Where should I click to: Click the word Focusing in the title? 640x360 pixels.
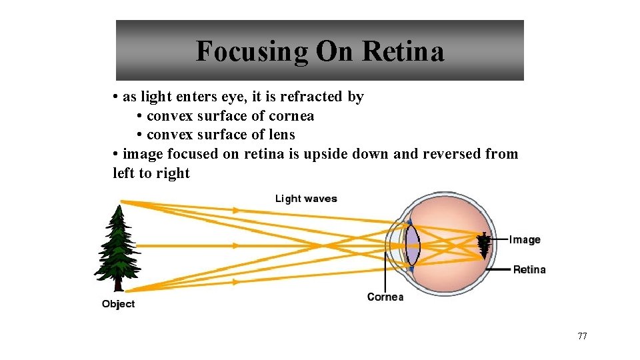coord(252,51)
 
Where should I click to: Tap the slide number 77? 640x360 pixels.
coord(582,336)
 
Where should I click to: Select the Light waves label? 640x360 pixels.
coord(306,199)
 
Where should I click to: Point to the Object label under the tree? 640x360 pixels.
coord(118,304)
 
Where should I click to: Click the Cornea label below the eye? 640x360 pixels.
coord(385,297)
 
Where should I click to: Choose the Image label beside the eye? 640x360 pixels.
coord(525,240)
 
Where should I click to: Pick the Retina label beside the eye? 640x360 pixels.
coord(529,269)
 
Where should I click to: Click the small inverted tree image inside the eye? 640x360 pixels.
coord(484,246)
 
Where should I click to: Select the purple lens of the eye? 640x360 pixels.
coord(413,245)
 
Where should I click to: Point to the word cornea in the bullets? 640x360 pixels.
coord(291,116)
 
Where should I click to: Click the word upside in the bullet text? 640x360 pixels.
coord(325,154)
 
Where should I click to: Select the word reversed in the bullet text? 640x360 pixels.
coord(450,154)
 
